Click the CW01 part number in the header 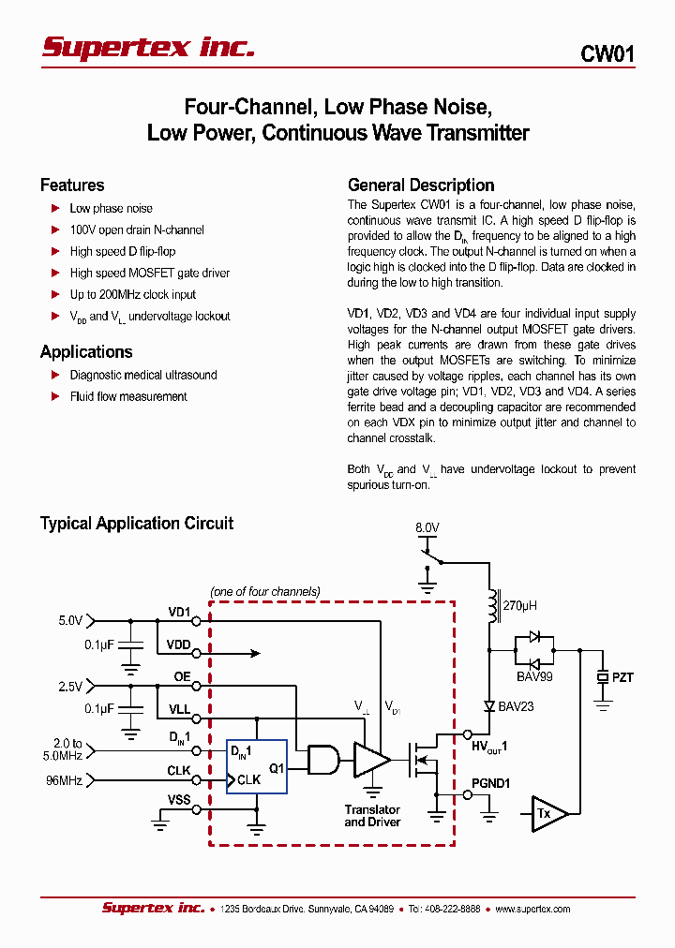pos(607,54)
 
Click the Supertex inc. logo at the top pos(148,47)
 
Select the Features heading pos(72,185)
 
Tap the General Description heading pos(420,185)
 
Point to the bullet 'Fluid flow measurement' pos(127,396)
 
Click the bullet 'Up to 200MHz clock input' pos(132,294)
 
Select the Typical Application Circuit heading pos(137,524)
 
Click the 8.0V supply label pos(427,528)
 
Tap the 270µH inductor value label pos(519,606)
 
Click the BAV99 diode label pos(534,675)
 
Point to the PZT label pos(622,676)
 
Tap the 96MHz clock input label pos(65,778)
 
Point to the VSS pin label pos(178,799)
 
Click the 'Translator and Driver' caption pos(372,816)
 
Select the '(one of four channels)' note pos(265,591)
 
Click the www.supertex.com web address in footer pos(532,909)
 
